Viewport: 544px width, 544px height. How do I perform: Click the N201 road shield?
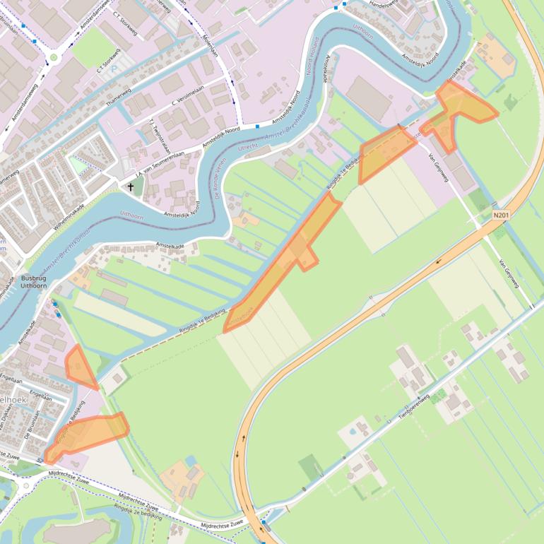tap(501, 215)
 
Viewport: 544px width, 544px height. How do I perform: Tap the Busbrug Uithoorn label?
tap(33, 282)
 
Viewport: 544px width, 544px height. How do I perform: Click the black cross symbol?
tap(131, 187)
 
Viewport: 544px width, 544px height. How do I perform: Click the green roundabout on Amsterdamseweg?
tap(53, 57)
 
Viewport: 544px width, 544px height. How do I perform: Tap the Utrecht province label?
tap(249, 147)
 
